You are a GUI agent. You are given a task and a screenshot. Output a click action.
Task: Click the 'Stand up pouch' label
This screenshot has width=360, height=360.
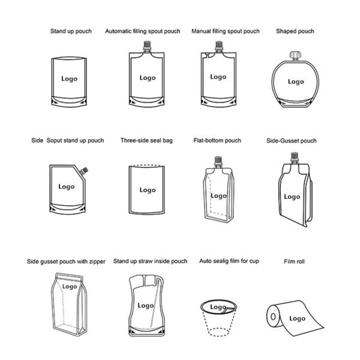click(x=71, y=31)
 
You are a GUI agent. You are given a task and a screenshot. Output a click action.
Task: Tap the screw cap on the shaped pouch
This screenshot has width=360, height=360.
click(x=295, y=56)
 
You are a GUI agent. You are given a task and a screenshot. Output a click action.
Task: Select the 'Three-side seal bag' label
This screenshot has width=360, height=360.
click(x=146, y=140)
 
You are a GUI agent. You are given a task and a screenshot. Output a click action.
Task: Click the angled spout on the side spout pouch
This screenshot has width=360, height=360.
click(x=84, y=171)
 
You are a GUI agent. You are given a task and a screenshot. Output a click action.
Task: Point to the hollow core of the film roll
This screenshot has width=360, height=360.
click(x=273, y=317)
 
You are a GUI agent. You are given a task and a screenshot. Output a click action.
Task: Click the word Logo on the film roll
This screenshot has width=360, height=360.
click(x=298, y=319)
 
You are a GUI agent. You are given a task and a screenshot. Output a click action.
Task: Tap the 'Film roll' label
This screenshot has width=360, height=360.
click(x=294, y=262)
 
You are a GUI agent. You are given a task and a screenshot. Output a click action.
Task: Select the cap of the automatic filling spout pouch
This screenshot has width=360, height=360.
click(x=147, y=46)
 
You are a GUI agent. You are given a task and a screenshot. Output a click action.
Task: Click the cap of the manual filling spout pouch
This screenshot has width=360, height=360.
click(x=219, y=46)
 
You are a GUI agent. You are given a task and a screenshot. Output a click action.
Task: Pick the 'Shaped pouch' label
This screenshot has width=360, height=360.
click(x=295, y=31)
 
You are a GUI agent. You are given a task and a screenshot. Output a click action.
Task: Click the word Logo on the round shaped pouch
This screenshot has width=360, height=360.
click(x=296, y=82)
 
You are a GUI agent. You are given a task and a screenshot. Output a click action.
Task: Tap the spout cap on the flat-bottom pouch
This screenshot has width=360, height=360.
click(x=218, y=161)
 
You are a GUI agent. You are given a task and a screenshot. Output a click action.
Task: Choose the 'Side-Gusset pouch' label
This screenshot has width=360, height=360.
click(x=292, y=141)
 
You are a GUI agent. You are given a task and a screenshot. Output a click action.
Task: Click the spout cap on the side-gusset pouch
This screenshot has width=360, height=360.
click(x=295, y=157)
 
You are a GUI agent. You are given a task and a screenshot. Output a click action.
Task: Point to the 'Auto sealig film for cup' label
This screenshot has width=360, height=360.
click(x=229, y=261)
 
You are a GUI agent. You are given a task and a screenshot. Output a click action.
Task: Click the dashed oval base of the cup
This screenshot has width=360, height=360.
click(x=218, y=332)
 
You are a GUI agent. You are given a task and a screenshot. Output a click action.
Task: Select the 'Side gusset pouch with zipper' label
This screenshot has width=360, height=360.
click(x=66, y=262)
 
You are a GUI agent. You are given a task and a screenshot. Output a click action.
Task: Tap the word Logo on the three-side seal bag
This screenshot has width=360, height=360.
click(x=148, y=190)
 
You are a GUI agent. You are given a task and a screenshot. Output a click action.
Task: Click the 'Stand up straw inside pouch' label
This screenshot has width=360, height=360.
click(x=150, y=261)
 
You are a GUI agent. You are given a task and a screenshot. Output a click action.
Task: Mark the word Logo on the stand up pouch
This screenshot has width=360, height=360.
click(x=70, y=79)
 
